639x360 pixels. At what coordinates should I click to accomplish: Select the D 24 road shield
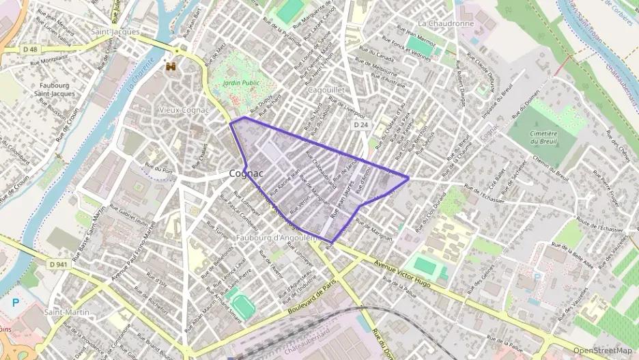[x=360, y=125]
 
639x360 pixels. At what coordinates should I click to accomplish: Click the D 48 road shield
[x=29, y=49]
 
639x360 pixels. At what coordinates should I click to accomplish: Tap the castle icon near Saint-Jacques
[x=170, y=67]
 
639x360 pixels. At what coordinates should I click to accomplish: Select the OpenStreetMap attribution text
[x=602, y=350]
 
